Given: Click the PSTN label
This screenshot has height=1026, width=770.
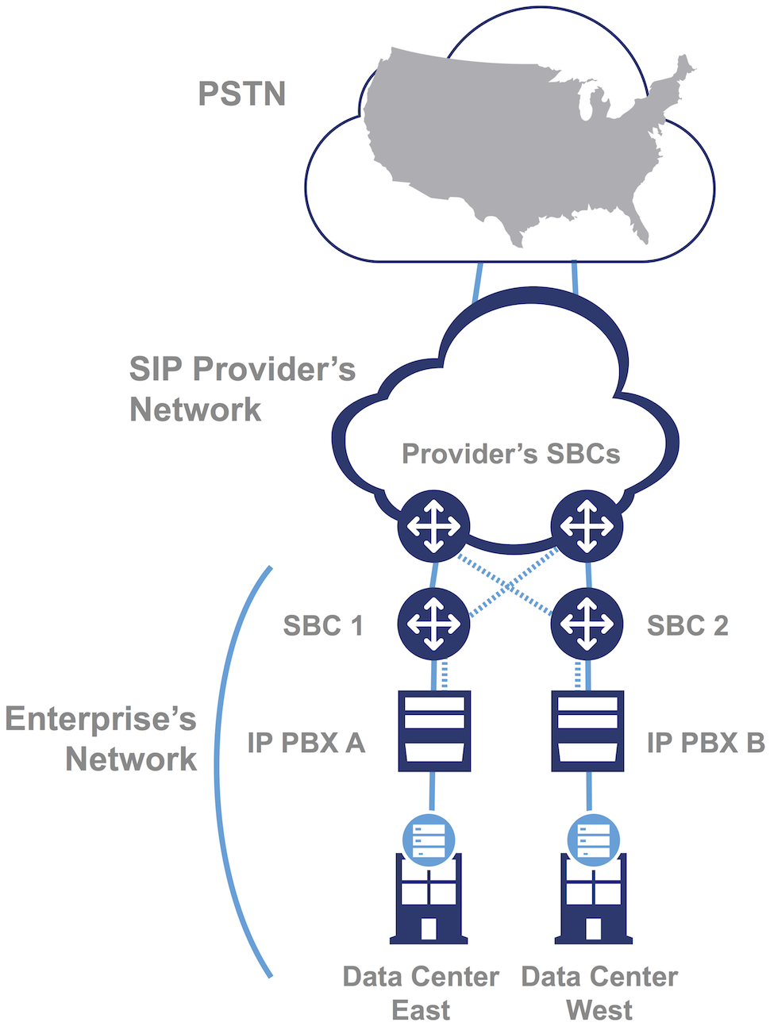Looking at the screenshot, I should coord(241,94).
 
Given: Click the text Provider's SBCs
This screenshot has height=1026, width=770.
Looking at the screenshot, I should coord(510,454).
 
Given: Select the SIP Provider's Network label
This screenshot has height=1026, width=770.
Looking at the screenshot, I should coord(242,389).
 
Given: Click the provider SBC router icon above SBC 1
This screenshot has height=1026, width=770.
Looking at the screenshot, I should coord(433,525).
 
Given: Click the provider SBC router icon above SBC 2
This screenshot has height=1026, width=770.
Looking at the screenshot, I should coord(587,525).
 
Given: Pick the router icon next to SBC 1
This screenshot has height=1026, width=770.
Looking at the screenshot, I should coord(433,624).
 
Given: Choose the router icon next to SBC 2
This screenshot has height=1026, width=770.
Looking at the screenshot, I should coord(587,624).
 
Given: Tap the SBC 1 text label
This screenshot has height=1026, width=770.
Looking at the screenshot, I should coord(323,625).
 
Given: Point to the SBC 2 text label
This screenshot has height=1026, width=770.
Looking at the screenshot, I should coord(687,625).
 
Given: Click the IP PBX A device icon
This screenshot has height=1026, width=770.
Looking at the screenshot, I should coord(433,731).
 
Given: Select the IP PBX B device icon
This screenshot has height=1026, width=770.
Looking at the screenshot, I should coord(587,731).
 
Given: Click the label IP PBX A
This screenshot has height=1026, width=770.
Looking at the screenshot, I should coord(306,743).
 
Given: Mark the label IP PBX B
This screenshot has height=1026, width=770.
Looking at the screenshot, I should coord(705,743).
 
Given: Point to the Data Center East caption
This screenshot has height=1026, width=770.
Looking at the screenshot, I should coord(421,993).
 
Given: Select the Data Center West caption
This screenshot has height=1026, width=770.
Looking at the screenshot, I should coord(599,993).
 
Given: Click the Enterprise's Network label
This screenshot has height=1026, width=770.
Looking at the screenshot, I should coord(101,739).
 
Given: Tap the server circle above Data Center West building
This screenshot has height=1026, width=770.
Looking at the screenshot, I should coord(594,840).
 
